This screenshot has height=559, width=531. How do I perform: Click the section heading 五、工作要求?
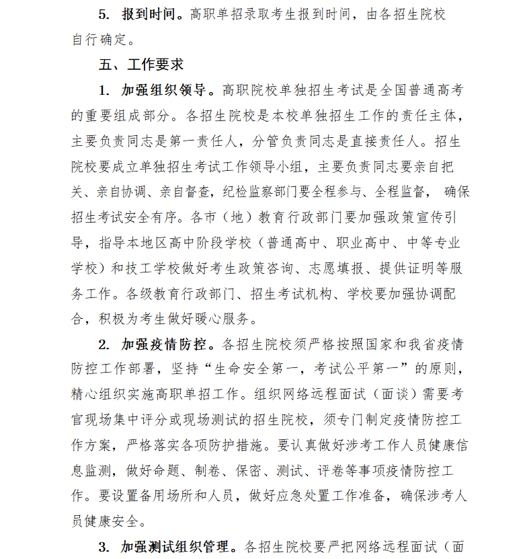(140, 65)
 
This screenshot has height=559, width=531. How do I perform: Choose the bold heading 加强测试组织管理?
(177, 546)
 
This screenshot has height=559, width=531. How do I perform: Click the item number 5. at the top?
(104, 13)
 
